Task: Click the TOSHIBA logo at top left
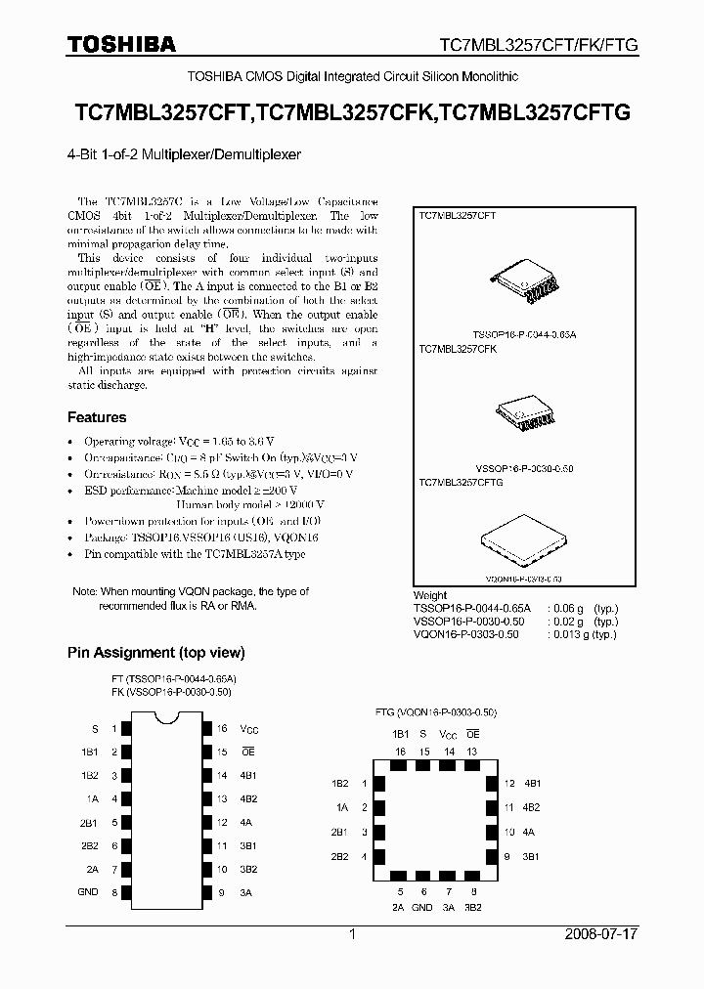coord(121,44)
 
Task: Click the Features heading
coord(96,417)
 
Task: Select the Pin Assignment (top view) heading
coord(155,653)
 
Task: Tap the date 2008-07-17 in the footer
coord(600,934)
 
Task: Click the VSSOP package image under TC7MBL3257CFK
coord(527,408)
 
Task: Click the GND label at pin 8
coord(88,892)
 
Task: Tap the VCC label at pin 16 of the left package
coord(250,729)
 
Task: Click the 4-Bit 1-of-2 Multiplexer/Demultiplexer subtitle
coord(185,154)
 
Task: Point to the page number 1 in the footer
coord(351,934)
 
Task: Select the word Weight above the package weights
coord(431,595)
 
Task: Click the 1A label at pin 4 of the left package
coord(92,798)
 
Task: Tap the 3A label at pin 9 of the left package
coord(246,892)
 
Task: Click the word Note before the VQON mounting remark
coord(85,592)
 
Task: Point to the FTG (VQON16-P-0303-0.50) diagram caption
coord(437,711)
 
